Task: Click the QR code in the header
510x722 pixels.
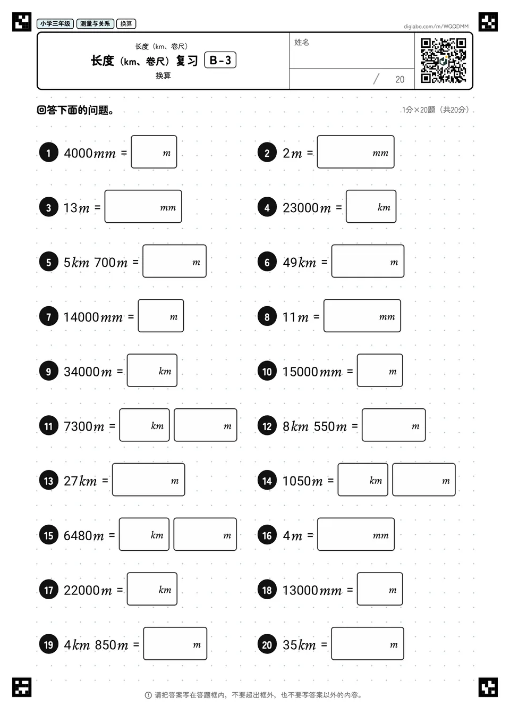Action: pyautogui.click(x=444, y=61)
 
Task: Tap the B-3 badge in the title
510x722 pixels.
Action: pyautogui.click(x=220, y=60)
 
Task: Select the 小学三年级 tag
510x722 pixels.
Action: pyautogui.click(x=55, y=23)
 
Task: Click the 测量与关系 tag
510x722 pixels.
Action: pyautogui.click(x=95, y=23)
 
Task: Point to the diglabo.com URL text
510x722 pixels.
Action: pyautogui.click(x=436, y=27)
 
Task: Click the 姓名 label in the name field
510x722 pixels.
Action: pyautogui.click(x=302, y=42)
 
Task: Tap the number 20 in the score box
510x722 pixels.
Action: pyautogui.click(x=399, y=79)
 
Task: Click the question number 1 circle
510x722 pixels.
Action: pyautogui.click(x=49, y=153)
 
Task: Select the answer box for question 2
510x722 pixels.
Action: pyautogui.click(x=355, y=152)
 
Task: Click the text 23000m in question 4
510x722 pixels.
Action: pyautogui.click(x=307, y=208)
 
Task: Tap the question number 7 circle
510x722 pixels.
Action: pyautogui.click(x=49, y=316)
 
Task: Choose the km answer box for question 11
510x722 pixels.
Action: pyautogui.click(x=144, y=425)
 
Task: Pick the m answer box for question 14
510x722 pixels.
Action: pyautogui.click(x=424, y=480)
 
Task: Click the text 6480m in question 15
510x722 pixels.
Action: pyautogui.click(x=84, y=536)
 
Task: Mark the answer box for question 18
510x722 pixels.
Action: pyautogui.click(x=380, y=589)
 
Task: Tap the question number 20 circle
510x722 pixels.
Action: pyautogui.click(x=267, y=644)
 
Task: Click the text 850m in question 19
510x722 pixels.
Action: pyautogui.click(x=112, y=645)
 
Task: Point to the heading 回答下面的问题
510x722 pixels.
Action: pyautogui.click(x=75, y=110)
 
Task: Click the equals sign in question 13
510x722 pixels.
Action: pyautogui.click(x=105, y=481)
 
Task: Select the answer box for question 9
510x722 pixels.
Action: pyautogui.click(x=152, y=371)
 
